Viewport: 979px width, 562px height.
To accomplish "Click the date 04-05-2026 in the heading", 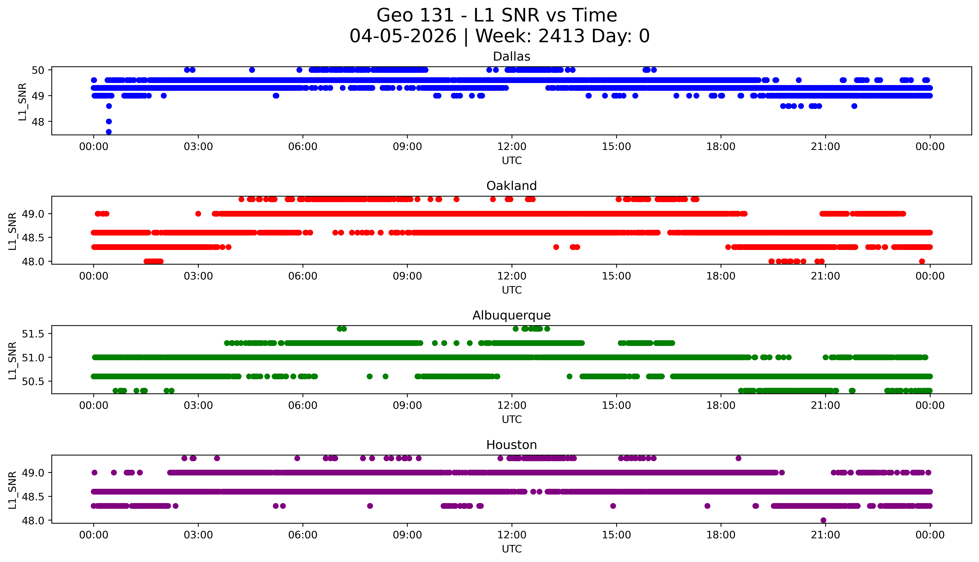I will [x=403, y=36].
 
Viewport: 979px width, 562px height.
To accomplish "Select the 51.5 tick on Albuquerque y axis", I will [x=33, y=334].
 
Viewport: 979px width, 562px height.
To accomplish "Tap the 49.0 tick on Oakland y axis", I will [x=33, y=214].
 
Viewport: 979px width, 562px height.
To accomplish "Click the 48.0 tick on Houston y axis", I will [x=33, y=520].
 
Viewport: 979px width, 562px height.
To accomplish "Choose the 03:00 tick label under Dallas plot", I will [x=198, y=147].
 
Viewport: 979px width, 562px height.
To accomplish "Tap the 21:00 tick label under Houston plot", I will [x=825, y=535].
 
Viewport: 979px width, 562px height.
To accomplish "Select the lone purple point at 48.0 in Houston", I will [x=823, y=520].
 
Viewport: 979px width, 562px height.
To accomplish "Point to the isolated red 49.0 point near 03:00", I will [x=198, y=214].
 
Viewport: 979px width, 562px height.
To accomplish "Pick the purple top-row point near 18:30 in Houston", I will [x=738, y=458].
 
